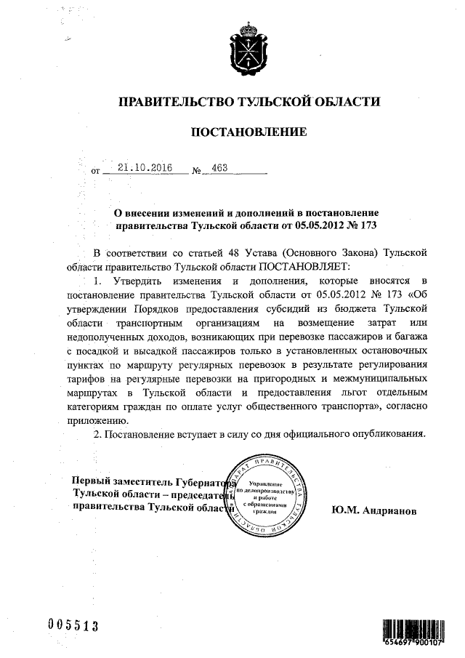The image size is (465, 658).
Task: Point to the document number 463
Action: coord(219,168)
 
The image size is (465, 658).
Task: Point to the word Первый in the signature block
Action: coord(92,481)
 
